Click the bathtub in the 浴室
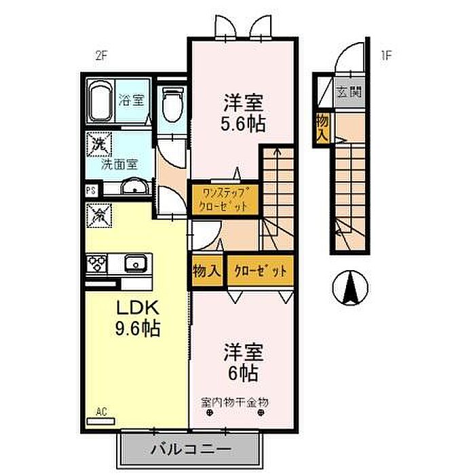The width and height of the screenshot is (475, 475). point(102,104)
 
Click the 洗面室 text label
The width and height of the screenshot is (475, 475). point(119,164)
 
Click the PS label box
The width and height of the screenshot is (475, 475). point(90,191)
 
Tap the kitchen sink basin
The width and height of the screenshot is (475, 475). point(135,262)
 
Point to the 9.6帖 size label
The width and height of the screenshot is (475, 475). point(137,329)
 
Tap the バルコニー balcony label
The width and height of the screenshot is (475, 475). point(190,449)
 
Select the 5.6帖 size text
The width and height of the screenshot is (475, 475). point(243,123)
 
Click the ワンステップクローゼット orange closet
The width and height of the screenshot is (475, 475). point(224,199)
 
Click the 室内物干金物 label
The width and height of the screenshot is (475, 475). point(235,402)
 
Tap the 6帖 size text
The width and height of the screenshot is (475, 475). point(242,373)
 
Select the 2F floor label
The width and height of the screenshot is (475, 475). point(101,57)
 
